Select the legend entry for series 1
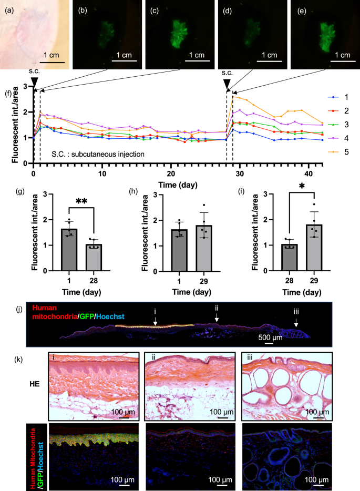pyautogui.click(x=343, y=97)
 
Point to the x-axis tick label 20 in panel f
pyautogui.click(x=170, y=173)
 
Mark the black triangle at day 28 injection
pyautogui.click(x=226, y=83)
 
